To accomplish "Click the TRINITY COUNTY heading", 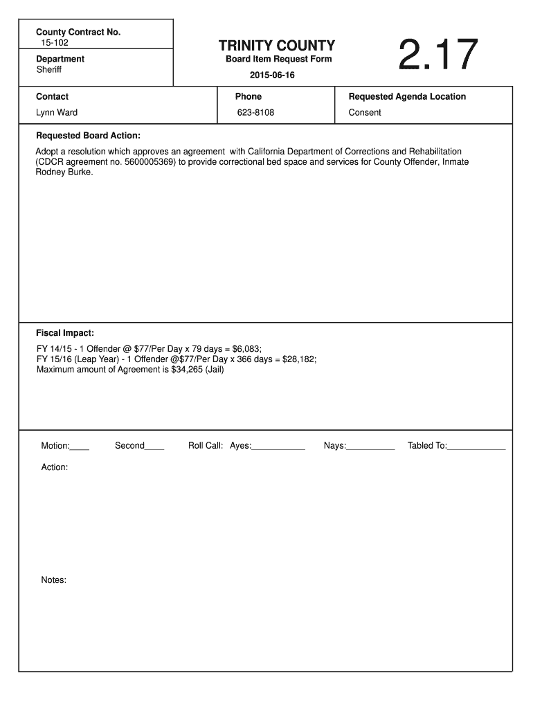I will (x=277, y=46).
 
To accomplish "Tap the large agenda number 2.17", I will (x=438, y=56).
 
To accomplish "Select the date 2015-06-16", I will (x=272, y=75).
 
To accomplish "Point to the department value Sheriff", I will (x=49, y=70).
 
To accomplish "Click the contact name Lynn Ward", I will (x=57, y=112).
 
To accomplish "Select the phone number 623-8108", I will (x=255, y=112).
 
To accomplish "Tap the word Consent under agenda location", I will (x=365, y=112).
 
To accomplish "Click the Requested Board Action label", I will (x=88, y=136).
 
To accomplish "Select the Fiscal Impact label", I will (x=65, y=332).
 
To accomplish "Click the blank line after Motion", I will (x=80, y=449).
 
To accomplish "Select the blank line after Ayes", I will (x=278, y=449).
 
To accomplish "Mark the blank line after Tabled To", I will (x=477, y=449).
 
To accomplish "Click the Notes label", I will (x=53, y=580).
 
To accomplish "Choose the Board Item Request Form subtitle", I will (x=279, y=59).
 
